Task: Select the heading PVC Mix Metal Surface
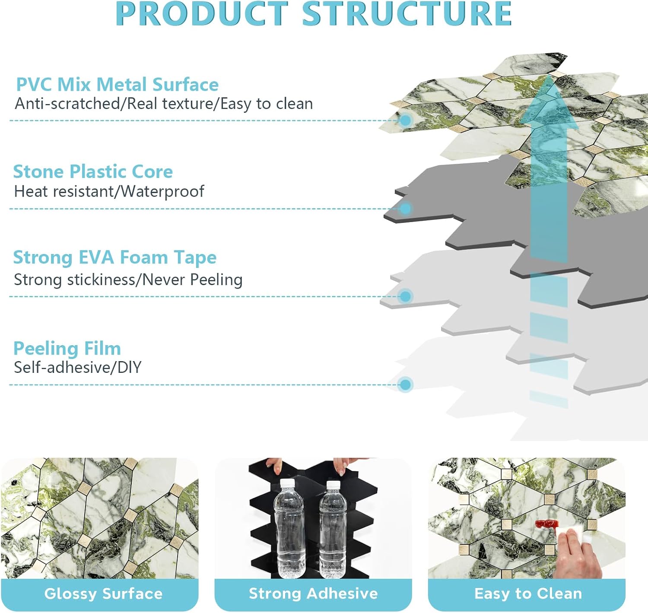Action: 118,84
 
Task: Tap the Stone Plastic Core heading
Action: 93,172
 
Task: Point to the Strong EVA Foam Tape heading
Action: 115,257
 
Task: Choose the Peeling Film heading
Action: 67,348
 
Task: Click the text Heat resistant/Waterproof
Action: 109,191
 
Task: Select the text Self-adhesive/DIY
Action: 78,367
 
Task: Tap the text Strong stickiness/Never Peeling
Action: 128,280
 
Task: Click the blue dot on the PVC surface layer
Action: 406,120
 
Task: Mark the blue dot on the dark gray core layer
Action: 406,208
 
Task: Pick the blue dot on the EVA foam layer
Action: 406,296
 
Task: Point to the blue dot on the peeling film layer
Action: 406,384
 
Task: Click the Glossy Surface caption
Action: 104,594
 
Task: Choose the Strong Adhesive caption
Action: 313,593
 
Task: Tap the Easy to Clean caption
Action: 528,593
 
